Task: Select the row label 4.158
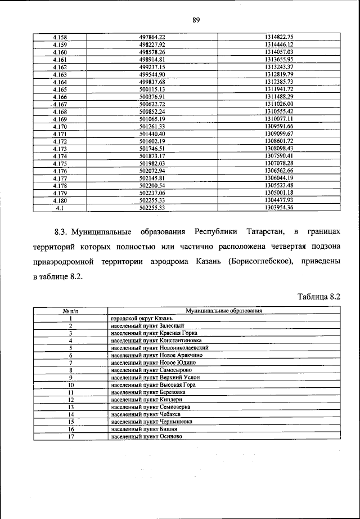tap(60, 37)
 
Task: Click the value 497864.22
tap(151, 37)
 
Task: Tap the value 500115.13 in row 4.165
tap(151, 90)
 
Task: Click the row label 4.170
tap(60, 127)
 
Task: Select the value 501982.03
tap(151, 163)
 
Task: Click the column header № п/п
tap(71, 311)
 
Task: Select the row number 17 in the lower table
tap(71, 436)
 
